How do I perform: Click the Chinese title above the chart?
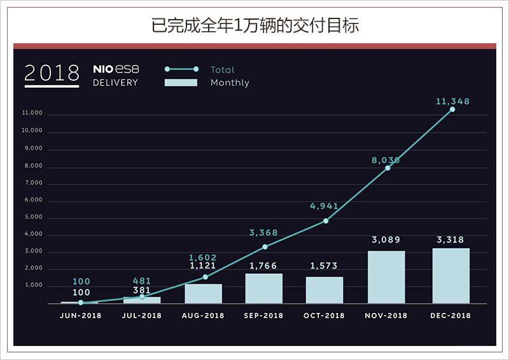coord(254,25)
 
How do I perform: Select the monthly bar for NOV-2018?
coord(386,277)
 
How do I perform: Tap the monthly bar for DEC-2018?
coord(451,276)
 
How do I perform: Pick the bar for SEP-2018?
coord(264,289)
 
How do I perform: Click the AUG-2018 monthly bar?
coord(204,294)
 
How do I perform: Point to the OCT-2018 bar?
coord(324,290)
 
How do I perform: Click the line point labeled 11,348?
coord(452,109)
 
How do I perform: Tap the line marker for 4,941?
coord(326,221)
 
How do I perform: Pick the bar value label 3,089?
coord(386,240)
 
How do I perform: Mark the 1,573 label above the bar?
coord(325,266)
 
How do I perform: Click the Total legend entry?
coord(222,70)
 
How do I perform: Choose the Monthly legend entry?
coord(230,83)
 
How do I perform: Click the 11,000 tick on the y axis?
coord(32,113)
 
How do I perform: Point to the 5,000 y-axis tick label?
coord(32,217)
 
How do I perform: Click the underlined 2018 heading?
coord(52,73)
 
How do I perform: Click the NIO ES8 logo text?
coord(115,69)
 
